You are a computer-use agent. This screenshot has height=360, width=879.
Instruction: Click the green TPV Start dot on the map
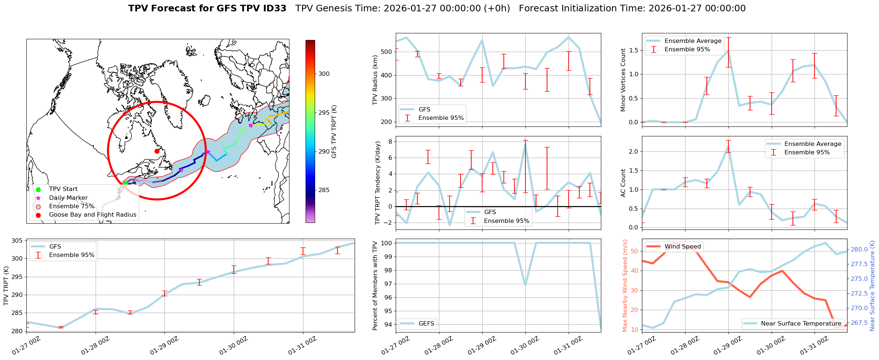(x=125, y=183)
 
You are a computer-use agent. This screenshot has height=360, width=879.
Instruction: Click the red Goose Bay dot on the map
(x=157, y=151)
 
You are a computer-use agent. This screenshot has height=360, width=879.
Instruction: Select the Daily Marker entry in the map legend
(x=68, y=198)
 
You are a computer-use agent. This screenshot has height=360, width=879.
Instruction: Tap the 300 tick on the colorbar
(x=324, y=74)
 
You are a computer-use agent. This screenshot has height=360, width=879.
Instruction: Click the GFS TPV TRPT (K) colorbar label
(x=334, y=132)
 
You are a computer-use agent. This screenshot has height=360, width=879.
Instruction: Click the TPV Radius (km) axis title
(x=375, y=80)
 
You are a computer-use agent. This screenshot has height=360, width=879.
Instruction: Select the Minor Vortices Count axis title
(x=623, y=80)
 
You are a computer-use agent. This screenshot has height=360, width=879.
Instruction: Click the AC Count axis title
(x=623, y=183)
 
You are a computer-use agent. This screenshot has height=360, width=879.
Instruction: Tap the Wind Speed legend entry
(x=682, y=247)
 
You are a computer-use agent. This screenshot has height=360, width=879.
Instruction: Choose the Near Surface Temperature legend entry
(x=801, y=324)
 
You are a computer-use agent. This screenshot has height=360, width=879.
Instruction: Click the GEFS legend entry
(x=426, y=324)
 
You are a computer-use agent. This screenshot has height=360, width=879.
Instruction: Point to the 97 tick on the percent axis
(x=387, y=284)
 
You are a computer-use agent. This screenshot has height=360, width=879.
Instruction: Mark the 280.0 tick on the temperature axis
(x=859, y=250)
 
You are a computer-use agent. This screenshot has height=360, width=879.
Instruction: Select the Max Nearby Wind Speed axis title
(x=625, y=286)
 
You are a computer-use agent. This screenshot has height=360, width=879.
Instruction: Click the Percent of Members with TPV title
(x=375, y=286)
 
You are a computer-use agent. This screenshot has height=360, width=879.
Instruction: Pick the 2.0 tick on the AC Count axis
(x=633, y=152)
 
